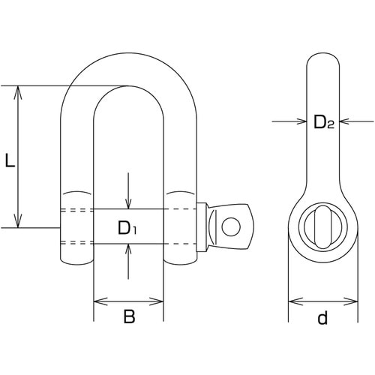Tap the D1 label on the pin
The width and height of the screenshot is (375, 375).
pyautogui.click(x=127, y=228)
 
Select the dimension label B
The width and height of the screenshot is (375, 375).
pyautogui.click(x=129, y=316)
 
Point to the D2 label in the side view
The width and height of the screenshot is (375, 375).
pyautogui.click(x=324, y=122)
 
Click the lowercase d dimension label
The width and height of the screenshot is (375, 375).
pyautogui.click(x=322, y=317)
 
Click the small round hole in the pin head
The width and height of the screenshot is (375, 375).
pyautogui.click(x=231, y=226)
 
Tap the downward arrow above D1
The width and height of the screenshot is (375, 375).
pyautogui.click(x=128, y=190)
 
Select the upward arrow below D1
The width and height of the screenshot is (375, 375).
pyautogui.click(x=128, y=261)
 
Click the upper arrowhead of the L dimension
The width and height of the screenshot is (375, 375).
pyautogui.click(x=18, y=92)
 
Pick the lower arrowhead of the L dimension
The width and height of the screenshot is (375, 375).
pyautogui.click(x=18, y=221)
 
